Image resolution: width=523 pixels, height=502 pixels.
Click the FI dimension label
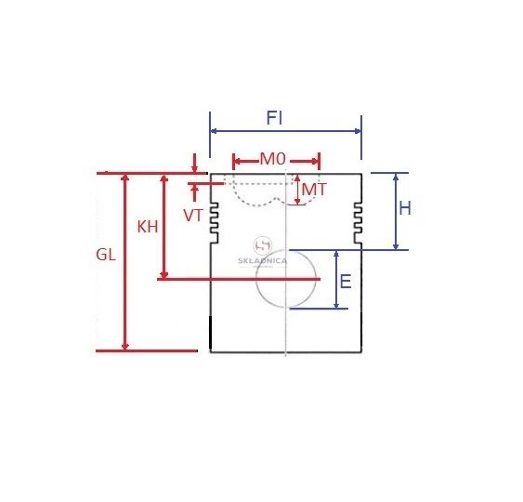pos(274,118)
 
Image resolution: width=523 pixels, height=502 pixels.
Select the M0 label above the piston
pos(273,159)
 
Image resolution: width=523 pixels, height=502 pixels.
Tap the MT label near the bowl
pos(314,190)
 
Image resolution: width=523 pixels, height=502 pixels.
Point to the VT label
pos(193,216)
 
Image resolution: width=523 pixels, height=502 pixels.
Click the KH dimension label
pos(148,227)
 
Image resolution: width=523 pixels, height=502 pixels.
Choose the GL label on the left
pos(106,255)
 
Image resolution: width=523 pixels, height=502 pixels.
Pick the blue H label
pos(405,208)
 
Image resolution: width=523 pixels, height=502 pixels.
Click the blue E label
pos(346,282)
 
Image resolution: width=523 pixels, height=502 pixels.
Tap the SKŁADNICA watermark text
pos(263,260)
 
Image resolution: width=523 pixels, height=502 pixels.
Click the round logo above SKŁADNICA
pos(263,246)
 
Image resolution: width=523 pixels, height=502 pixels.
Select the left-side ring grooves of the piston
pos(215,222)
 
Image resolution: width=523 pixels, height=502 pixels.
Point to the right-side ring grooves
pos(358,222)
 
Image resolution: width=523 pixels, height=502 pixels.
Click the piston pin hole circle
pos(256,279)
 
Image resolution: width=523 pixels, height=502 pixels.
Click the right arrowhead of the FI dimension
pos(358,131)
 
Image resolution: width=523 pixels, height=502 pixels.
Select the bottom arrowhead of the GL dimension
pos(125,347)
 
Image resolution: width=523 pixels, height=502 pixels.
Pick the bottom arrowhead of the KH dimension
pos(163,275)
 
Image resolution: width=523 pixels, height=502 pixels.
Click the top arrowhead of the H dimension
pos(396,177)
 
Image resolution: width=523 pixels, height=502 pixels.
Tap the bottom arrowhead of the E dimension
pos(336,305)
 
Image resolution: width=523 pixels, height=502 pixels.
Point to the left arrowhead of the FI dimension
pos(214,131)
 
